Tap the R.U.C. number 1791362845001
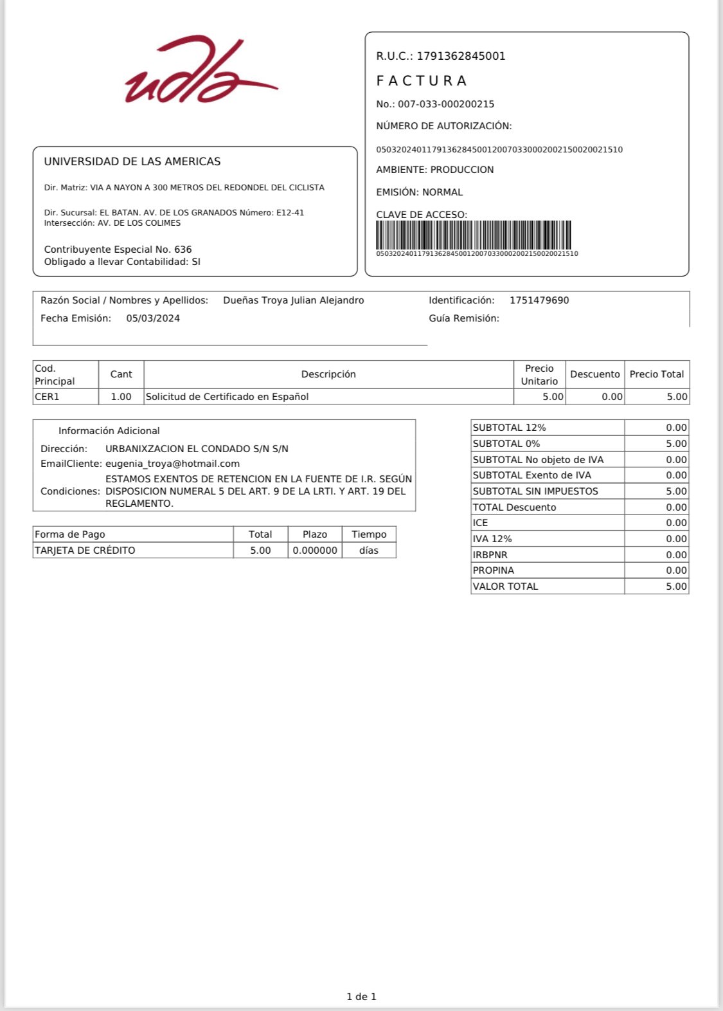pyautogui.click(x=461, y=56)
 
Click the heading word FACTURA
pyautogui.click(x=422, y=81)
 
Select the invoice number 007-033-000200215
pyautogui.click(x=446, y=104)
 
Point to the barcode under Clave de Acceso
pyautogui.click(x=474, y=235)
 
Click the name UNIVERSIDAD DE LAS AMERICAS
pyautogui.click(x=132, y=161)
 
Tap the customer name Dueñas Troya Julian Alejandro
pyautogui.click(x=293, y=300)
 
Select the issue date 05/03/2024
pyautogui.click(x=153, y=318)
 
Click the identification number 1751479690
pyautogui.click(x=539, y=300)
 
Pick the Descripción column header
pyautogui.click(x=328, y=374)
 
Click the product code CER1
pyautogui.click(x=47, y=397)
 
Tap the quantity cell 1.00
pyautogui.click(x=121, y=397)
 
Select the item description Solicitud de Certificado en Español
pyautogui.click(x=227, y=397)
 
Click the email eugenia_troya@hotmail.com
pyautogui.click(x=172, y=464)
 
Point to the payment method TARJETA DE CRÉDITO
pyautogui.click(x=85, y=551)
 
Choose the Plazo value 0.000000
pyautogui.click(x=315, y=551)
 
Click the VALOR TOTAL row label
pyautogui.click(x=505, y=587)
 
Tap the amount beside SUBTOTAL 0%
pyautogui.click(x=676, y=444)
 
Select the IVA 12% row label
pyautogui.click(x=492, y=539)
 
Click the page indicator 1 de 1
pyautogui.click(x=361, y=997)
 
